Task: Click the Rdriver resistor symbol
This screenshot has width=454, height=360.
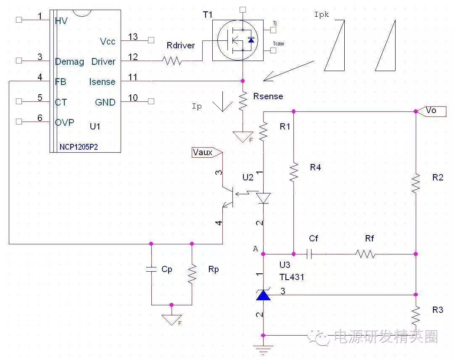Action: [172, 61]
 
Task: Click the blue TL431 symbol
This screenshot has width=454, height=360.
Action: [263, 295]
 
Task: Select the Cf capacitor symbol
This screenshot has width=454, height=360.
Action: [311, 254]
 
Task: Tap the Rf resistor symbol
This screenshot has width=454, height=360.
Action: [364, 254]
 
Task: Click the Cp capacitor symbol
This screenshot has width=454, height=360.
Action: [151, 270]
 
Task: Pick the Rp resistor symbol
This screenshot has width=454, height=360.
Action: [192, 274]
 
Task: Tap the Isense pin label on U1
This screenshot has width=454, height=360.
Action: [102, 82]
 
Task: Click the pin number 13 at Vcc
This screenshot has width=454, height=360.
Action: [133, 37]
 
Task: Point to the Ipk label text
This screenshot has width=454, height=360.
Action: [322, 15]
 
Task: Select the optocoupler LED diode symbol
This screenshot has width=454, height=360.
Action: [264, 198]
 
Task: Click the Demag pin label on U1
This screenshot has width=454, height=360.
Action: [69, 62]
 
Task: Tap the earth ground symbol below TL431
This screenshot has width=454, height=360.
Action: [263, 349]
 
